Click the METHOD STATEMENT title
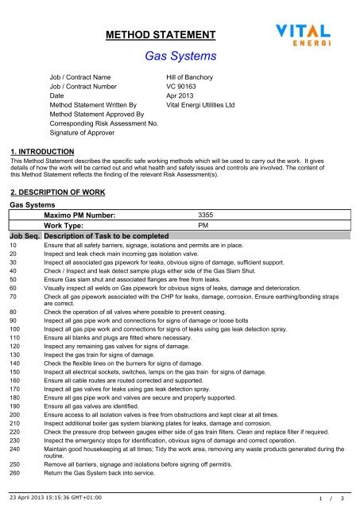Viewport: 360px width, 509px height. [161, 35]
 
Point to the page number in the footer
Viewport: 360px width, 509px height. [331, 499]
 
